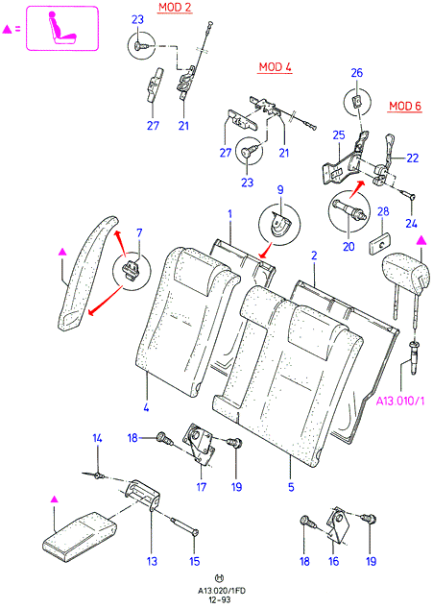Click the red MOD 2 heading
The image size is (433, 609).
point(175,8)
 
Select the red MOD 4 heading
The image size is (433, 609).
point(276,67)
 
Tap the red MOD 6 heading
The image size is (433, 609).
point(405,106)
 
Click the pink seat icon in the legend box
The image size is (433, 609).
point(61,28)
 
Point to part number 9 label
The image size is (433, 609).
point(280,190)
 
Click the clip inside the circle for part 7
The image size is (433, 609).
point(132,269)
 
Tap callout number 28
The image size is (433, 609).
point(383,211)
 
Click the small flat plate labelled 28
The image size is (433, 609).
point(379,243)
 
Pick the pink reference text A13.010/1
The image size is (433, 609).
point(400,401)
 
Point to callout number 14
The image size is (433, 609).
point(97,438)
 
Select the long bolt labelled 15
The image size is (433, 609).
point(183,525)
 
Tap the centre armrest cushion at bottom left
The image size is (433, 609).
point(80,537)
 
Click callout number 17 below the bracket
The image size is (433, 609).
point(202,487)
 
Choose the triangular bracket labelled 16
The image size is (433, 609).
point(338,524)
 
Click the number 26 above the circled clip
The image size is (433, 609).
point(357,73)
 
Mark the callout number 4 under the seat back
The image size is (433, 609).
point(146,407)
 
